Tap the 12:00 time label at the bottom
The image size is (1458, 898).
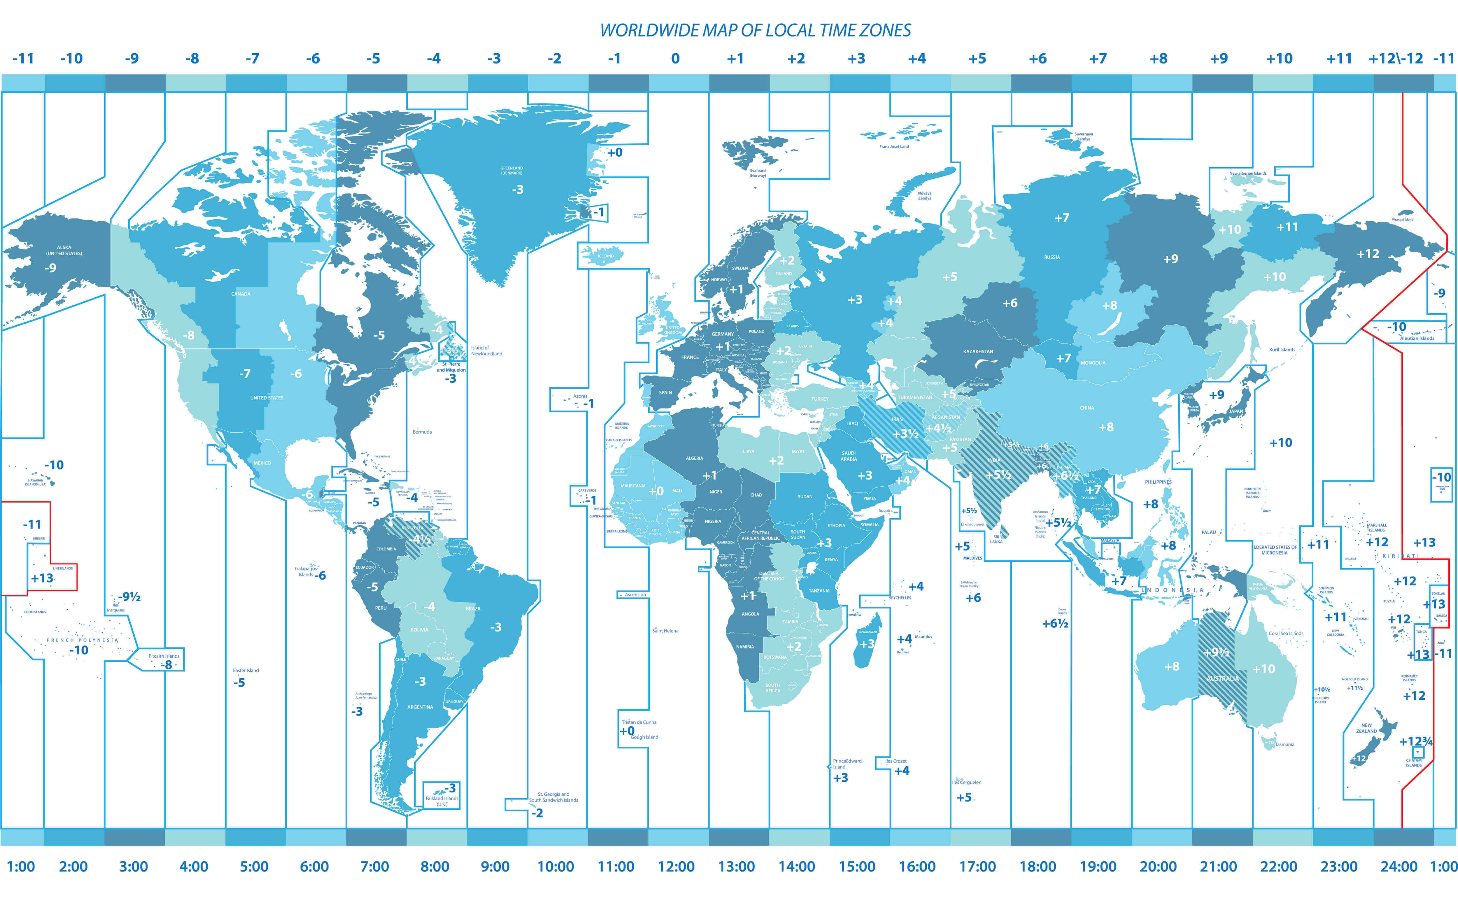click(x=676, y=867)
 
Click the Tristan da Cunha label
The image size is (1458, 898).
click(x=639, y=722)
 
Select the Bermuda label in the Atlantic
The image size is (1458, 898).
click(x=422, y=432)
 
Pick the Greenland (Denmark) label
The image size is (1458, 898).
click(x=511, y=171)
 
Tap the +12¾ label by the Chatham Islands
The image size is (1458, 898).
click(x=1416, y=741)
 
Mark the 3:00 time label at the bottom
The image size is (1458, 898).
click(x=134, y=867)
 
